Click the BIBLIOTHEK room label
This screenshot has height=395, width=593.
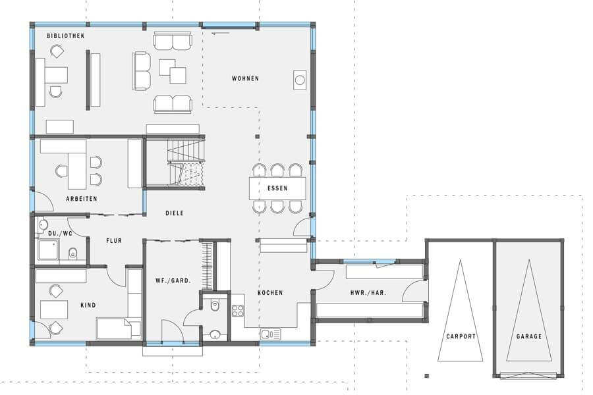[65, 36]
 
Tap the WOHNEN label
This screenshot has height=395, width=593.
[246, 78]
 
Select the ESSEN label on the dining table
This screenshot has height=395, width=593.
[277, 188]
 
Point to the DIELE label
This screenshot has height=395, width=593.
[175, 213]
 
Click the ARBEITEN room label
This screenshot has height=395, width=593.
[82, 199]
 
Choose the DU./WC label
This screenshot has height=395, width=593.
[60, 234]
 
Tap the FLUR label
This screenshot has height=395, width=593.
[114, 240]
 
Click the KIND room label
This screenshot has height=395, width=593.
[88, 305]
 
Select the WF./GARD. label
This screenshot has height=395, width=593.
[173, 280]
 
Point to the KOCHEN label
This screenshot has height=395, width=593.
[270, 292]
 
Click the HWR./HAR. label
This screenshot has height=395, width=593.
[368, 292]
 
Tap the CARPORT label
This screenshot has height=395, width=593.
[461, 336]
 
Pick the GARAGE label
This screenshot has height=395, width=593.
[529, 336]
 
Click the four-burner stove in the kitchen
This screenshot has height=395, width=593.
[238, 311]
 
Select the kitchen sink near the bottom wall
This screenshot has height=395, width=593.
[270, 334]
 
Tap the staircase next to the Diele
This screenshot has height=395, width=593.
[186, 163]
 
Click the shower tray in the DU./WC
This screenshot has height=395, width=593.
[48, 250]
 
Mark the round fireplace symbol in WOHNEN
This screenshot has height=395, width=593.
[300, 80]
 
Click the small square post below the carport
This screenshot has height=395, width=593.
[427, 376]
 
